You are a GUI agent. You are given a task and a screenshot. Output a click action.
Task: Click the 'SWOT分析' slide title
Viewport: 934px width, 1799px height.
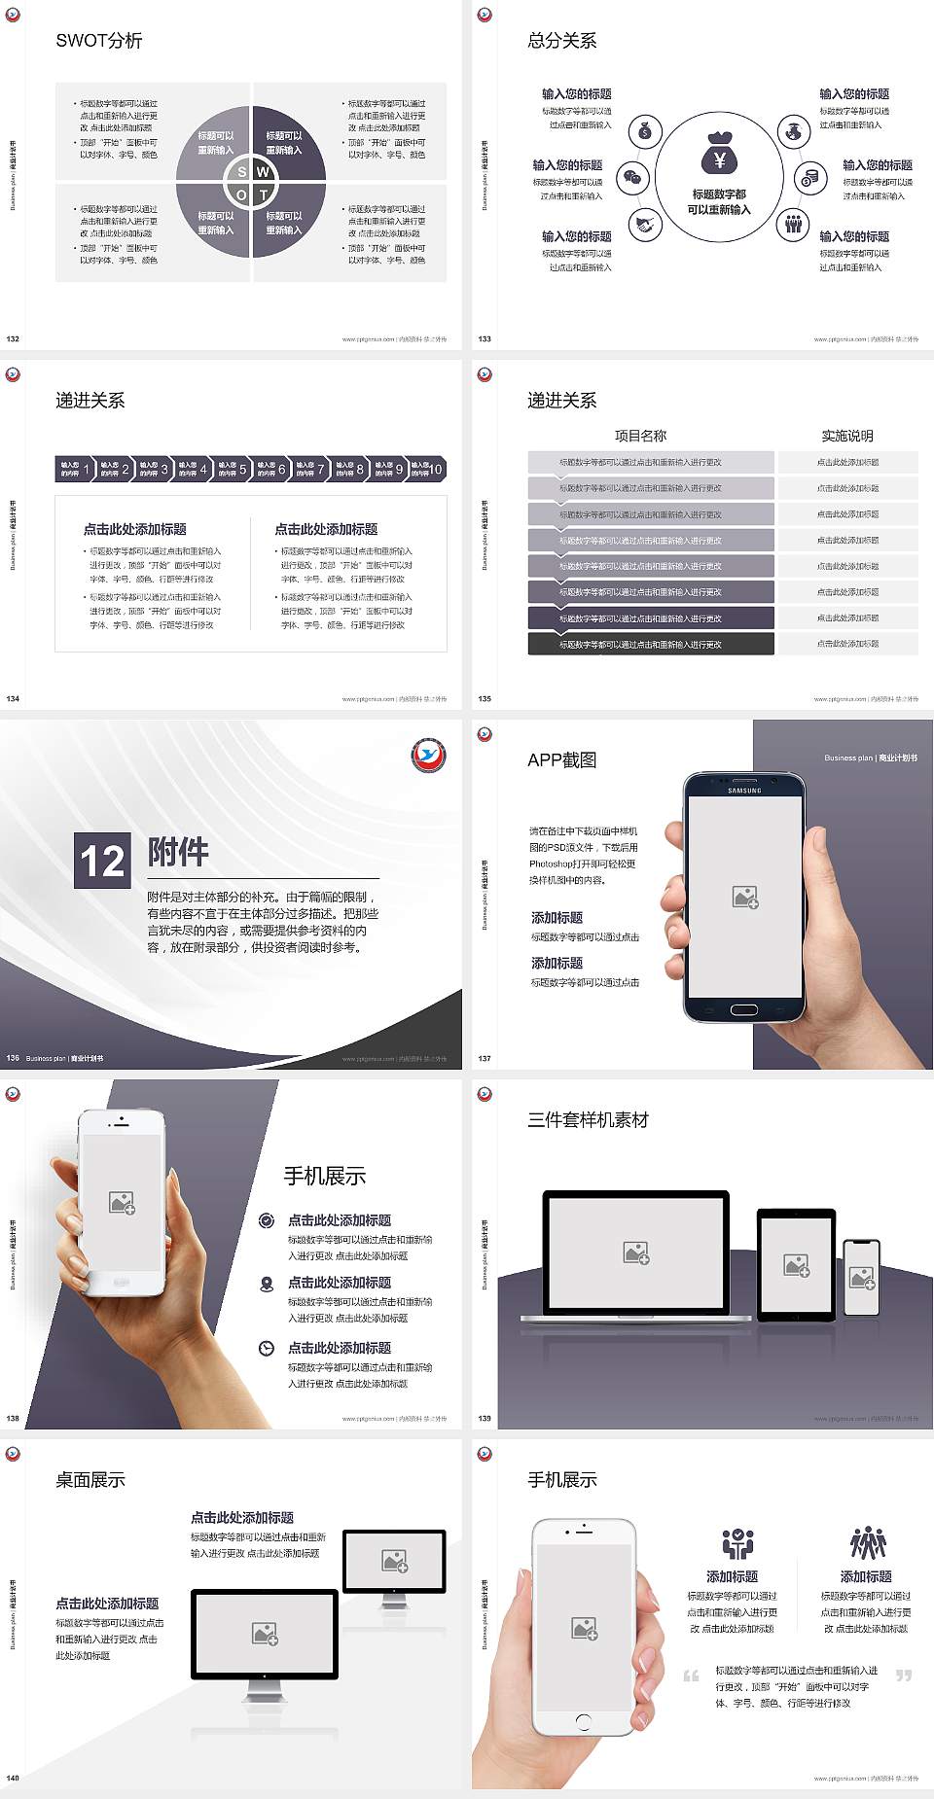coord(99,41)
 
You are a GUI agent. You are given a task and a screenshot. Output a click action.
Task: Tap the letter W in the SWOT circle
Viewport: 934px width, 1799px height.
coord(263,172)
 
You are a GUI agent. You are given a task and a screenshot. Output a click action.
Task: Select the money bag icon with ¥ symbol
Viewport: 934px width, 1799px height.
coord(719,154)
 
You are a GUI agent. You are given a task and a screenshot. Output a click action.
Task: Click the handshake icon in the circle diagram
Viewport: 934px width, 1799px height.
coord(644,225)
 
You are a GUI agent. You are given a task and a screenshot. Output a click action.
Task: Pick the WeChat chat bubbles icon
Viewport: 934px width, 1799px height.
coord(633,178)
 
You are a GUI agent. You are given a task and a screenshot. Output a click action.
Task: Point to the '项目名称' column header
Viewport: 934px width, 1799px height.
coord(640,436)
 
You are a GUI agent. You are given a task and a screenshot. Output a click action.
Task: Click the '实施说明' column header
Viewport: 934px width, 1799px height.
coord(847,436)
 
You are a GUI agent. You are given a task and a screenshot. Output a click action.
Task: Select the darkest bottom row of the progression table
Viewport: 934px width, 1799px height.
coord(651,644)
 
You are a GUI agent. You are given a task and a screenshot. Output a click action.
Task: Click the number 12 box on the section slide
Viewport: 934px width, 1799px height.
coord(102,861)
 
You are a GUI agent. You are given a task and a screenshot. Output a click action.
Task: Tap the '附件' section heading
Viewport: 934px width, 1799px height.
coord(178,852)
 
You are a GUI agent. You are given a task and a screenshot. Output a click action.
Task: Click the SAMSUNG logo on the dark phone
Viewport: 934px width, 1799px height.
coord(744,791)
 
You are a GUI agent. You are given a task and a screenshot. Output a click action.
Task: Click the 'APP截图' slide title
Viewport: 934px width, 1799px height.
coord(561,760)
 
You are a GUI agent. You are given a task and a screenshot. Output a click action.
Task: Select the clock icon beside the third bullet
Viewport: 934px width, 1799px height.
coord(267,1348)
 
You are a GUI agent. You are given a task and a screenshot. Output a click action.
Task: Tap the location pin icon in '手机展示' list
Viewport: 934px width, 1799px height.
coord(267,1284)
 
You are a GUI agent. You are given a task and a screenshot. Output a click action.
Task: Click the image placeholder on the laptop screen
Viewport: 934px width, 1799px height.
coord(636,1252)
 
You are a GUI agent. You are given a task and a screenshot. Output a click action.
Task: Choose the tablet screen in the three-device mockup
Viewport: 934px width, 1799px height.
coord(796,1264)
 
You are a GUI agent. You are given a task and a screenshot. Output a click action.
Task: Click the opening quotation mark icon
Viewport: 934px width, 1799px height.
coord(691,1676)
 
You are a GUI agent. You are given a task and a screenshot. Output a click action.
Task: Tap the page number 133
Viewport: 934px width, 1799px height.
coord(485,339)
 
